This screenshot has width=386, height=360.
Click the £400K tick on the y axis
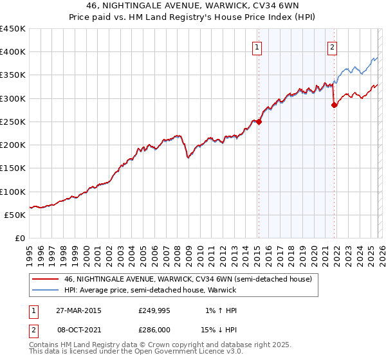pyautogui.click(x=13, y=52)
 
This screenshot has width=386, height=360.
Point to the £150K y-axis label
pyautogui.click(x=13, y=168)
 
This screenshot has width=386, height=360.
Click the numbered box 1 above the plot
pyautogui.click(x=257, y=46)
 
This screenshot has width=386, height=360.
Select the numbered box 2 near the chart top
pyautogui.click(x=333, y=46)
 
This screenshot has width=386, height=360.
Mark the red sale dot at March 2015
pyautogui.click(x=259, y=122)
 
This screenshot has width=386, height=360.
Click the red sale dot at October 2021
pyautogui.click(x=334, y=105)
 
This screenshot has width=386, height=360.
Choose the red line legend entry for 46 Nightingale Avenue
pyautogui.click(x=188, y=279)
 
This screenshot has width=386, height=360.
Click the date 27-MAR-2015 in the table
pyautogui.click(x=78, y=310)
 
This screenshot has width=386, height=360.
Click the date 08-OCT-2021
pyautogui.click(x=78, y=328)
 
